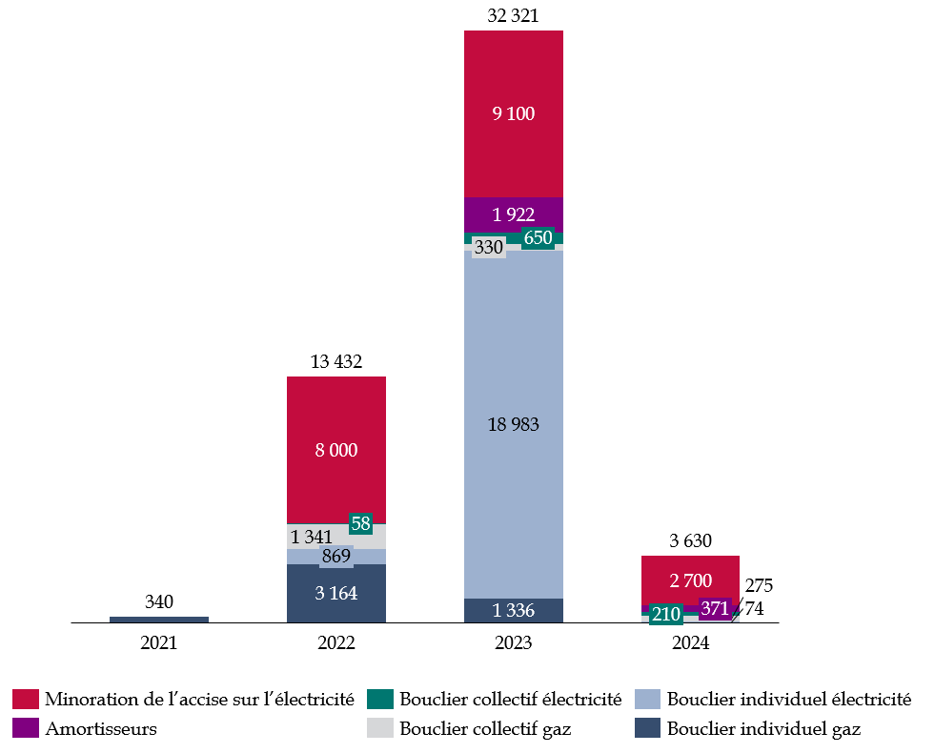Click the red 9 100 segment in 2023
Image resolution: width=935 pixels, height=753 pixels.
tap(513, 113)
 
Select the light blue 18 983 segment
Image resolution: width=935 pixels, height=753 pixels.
tap(513, 424)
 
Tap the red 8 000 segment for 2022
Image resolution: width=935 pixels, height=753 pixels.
tap(336, 450)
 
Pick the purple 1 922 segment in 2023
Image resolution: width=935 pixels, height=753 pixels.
tap(513, 214)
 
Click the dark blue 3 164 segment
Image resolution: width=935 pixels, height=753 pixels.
tap(336, 593)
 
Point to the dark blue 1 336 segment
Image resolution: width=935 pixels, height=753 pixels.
tap(513, 610)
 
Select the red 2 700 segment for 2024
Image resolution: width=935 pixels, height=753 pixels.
tap(689, 580)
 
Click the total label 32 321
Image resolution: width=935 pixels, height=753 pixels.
tap(513, 15)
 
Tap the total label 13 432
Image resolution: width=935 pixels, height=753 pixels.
tap(336, 361)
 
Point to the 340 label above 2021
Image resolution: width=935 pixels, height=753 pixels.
tap(159, 601)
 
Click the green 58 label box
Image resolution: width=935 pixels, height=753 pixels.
tap(360, 523)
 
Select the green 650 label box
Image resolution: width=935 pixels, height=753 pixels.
tap(538, 238)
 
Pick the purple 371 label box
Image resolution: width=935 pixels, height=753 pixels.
tap(714, 608)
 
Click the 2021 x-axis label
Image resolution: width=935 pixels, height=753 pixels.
tap(159, 643)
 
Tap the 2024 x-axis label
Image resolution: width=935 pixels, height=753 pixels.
tap(689, 643)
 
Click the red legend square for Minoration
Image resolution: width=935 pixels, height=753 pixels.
tap(25, 700)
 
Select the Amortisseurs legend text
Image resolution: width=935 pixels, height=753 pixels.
tap(100, 729)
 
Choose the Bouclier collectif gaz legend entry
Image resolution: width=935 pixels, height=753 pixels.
tap(485, 729)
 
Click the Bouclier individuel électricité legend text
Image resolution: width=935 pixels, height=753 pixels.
tap(789, 700)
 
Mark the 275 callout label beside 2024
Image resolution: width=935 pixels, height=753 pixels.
tap(759, 585)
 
